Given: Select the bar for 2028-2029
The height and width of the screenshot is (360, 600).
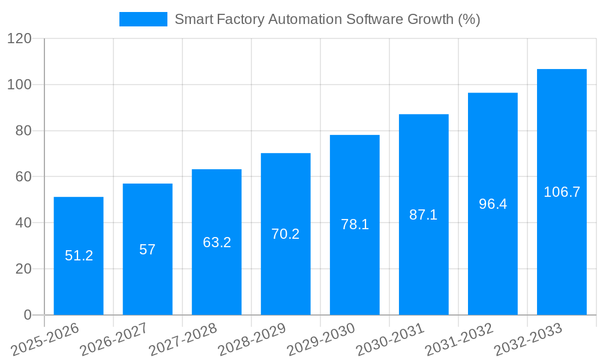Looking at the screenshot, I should coord(286,270).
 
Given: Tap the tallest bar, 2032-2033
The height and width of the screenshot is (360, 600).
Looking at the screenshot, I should coord(562,252).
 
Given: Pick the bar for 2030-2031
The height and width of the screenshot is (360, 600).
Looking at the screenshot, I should coord(424,264).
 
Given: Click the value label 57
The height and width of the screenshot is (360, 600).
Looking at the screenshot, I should coord(148,250).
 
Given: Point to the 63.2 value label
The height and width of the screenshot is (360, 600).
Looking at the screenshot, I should coord(217,242).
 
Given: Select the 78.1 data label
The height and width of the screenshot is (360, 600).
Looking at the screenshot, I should coord(355,224).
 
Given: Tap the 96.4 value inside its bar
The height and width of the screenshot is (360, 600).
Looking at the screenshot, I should coord(493,204).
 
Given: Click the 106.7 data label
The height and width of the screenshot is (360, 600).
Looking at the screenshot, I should coord(562,192).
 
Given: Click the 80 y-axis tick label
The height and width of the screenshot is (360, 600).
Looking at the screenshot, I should coord(23,131).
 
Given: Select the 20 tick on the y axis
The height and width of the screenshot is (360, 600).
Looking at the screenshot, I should coord(23,269).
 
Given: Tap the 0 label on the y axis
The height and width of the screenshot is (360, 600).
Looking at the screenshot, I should coord(27,315).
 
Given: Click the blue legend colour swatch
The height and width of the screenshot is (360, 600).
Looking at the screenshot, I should coord(143,19).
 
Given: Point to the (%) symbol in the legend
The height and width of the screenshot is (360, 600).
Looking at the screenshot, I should coord(469,19).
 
